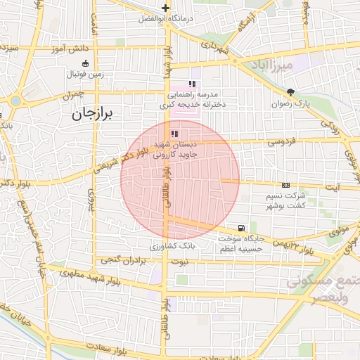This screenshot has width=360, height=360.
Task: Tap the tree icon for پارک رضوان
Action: click(291, 92)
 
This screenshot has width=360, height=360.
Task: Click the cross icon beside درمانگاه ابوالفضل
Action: click(166, 8)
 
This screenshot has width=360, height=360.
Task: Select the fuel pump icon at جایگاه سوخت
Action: click(242, 228)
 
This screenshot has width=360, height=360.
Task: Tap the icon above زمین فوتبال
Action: click(85, 63)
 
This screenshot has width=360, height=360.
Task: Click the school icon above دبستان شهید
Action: click(174, 133)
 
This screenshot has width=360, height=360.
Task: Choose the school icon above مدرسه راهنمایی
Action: click(192, 84)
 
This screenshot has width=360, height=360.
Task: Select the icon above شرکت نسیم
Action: click(285, 184)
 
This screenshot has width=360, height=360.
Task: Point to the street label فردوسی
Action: click(281, 142)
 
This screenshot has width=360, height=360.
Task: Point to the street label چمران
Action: click(72, 94)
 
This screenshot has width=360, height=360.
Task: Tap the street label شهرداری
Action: click(214, 48)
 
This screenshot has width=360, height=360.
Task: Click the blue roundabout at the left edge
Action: click(15, 101)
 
